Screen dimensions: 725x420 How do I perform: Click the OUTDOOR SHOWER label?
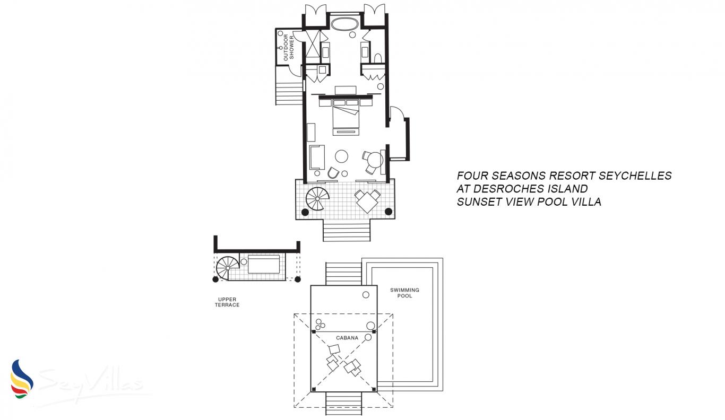288,48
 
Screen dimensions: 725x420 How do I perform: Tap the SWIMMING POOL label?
404,293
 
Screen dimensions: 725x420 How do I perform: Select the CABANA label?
347,338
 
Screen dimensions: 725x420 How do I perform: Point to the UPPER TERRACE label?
227,302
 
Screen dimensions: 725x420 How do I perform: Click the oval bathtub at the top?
344,24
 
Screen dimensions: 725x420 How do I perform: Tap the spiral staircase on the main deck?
317,198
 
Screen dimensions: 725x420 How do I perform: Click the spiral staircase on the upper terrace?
228,268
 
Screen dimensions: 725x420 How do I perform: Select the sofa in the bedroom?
317,157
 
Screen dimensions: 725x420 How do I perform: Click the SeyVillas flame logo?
21,379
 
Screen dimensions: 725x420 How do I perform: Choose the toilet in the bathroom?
378,58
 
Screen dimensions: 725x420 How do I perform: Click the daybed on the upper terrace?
263,264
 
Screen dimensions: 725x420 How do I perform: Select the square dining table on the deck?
367,201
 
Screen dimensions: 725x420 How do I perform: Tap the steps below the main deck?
347,230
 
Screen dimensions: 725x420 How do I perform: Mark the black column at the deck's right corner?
389,212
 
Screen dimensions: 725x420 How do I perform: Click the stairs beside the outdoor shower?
289,85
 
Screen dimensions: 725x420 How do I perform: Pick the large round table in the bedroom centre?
341,156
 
